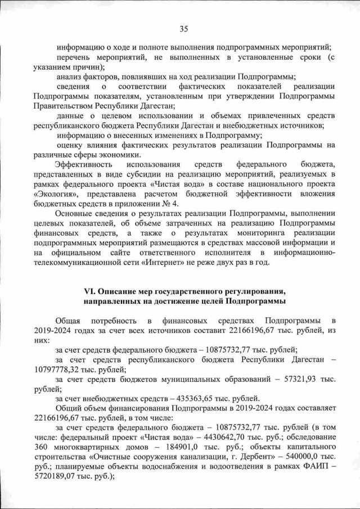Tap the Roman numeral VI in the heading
tap(88, 291)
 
